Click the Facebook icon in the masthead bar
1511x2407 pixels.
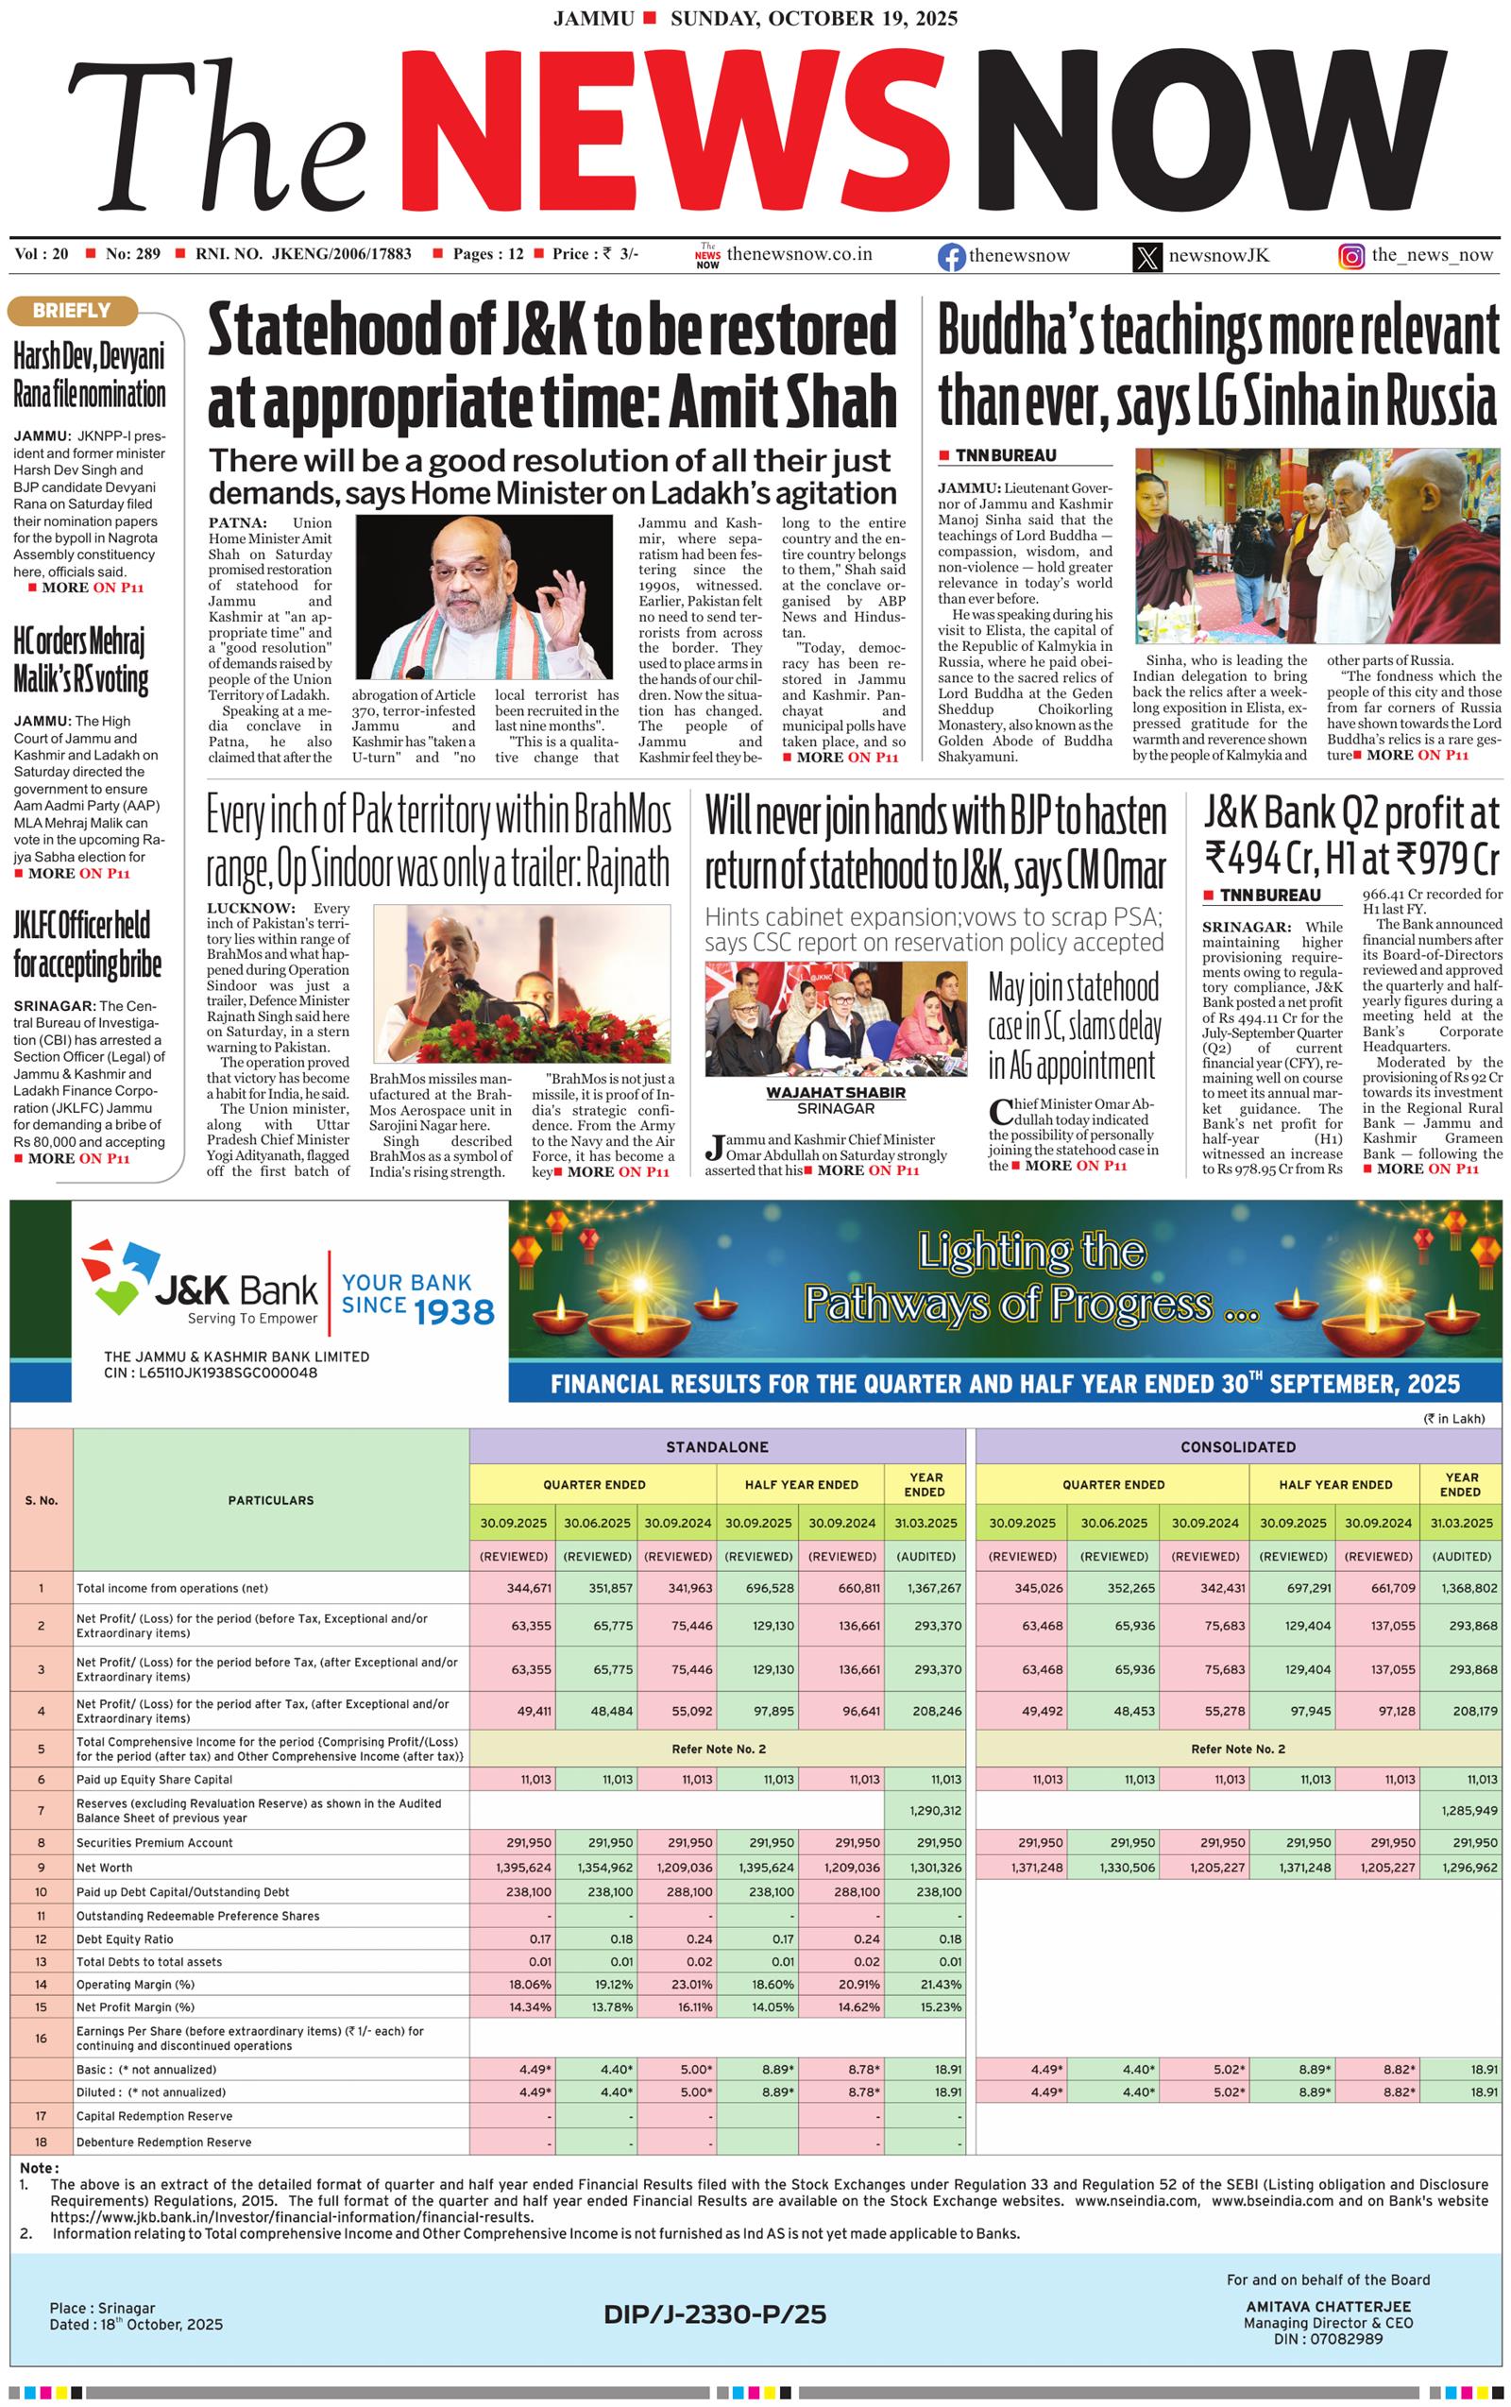(950, 257)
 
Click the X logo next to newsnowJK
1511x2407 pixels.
(1147, 257)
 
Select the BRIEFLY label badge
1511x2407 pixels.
(71, 311)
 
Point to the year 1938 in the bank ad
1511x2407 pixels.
(454, 1312)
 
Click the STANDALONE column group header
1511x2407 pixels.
(717, 1447)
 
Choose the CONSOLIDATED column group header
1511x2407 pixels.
(1237, 1447)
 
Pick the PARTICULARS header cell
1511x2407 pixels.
(271, 1500)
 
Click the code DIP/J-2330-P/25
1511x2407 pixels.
(715, 2314)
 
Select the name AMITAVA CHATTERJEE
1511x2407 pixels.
(1328, 2307)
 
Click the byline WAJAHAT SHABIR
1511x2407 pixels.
(836, 1093)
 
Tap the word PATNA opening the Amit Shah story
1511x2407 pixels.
(237, 522)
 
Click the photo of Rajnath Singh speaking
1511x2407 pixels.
(519, 983)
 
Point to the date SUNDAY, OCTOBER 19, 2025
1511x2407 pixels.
(813, 18)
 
